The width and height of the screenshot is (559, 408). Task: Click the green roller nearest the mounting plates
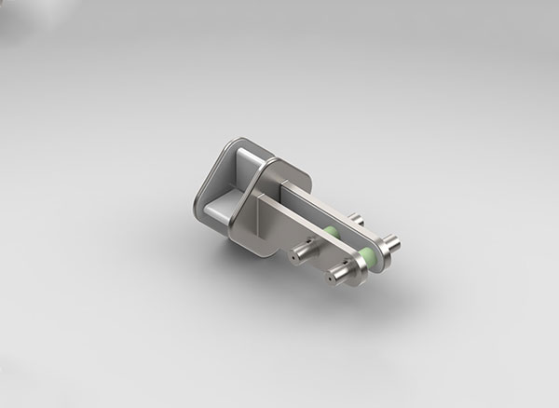pyautogui.click(x=330, y=232)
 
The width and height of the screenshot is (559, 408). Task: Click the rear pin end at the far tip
pyautogui.click(x=394, y=244)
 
